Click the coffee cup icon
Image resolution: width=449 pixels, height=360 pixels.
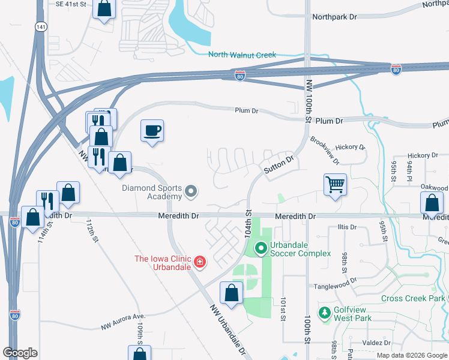(x=152, y=131)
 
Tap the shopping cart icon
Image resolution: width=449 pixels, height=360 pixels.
(x=335, y=184)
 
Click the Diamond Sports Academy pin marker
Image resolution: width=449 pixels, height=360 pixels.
(x=191, y=192)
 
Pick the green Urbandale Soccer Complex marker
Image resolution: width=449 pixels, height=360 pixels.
(x=261, y=247)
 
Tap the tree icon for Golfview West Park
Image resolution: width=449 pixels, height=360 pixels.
(x=324, y=313)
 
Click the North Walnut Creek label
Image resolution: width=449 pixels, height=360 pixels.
(x=242, y=55)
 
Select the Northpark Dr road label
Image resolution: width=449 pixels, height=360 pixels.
(x=334, y=17)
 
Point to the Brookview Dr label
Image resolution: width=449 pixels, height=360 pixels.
(x=325, y=150)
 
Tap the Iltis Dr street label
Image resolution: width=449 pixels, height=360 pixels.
(x=347, y=227)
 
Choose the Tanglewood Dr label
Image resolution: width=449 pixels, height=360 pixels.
(x=337, y=280)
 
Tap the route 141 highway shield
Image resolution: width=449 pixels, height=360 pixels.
(x=40, y=27)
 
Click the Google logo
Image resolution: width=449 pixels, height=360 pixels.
(x=20, y=353)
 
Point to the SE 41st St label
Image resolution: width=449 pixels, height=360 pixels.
(x=76, y=4)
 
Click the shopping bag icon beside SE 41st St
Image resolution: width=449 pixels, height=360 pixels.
(x=104, y=10)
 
